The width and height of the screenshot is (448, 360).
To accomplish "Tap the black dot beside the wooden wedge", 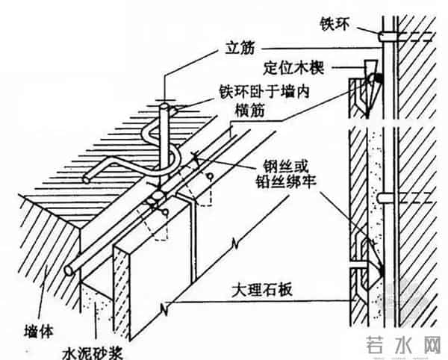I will (x=379, y=75).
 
